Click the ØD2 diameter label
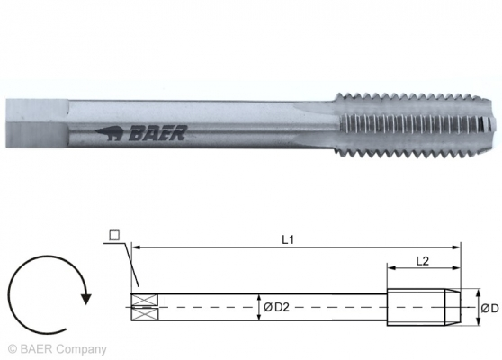click(275, 307)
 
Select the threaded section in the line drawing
click(423, 307)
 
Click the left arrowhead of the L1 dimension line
click(135, 245)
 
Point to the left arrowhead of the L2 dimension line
click(390, 267)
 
